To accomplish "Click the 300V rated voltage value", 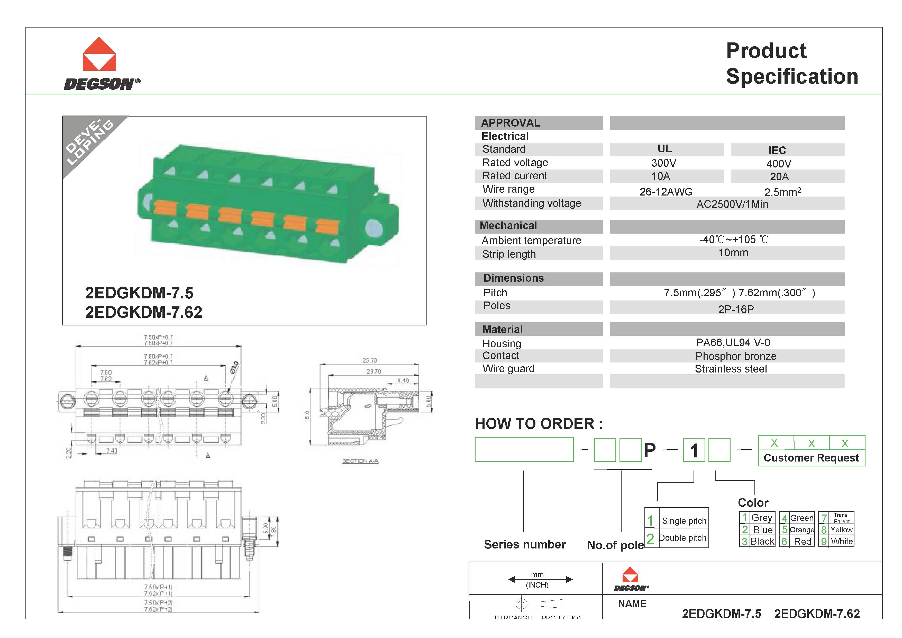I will click(663, 163).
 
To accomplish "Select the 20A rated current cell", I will click(779, 176).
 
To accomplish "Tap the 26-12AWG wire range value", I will click(666, 192).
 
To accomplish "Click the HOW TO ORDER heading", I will click(539, 424).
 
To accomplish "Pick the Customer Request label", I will click(811, 458).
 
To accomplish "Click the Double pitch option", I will click(682, 538).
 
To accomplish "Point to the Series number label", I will click(525, 544).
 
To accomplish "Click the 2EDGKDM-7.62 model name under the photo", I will click(143, 312).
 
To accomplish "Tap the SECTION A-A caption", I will click(360, 461).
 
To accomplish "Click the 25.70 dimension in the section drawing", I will click(369, 360).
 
